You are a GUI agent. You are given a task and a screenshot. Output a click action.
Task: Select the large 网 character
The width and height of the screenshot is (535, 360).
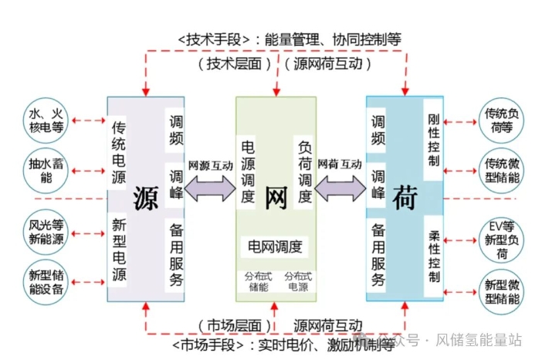click(x=276, y=199)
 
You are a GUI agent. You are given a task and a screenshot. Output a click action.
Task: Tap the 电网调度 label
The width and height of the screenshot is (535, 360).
click(x=276, y=248)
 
